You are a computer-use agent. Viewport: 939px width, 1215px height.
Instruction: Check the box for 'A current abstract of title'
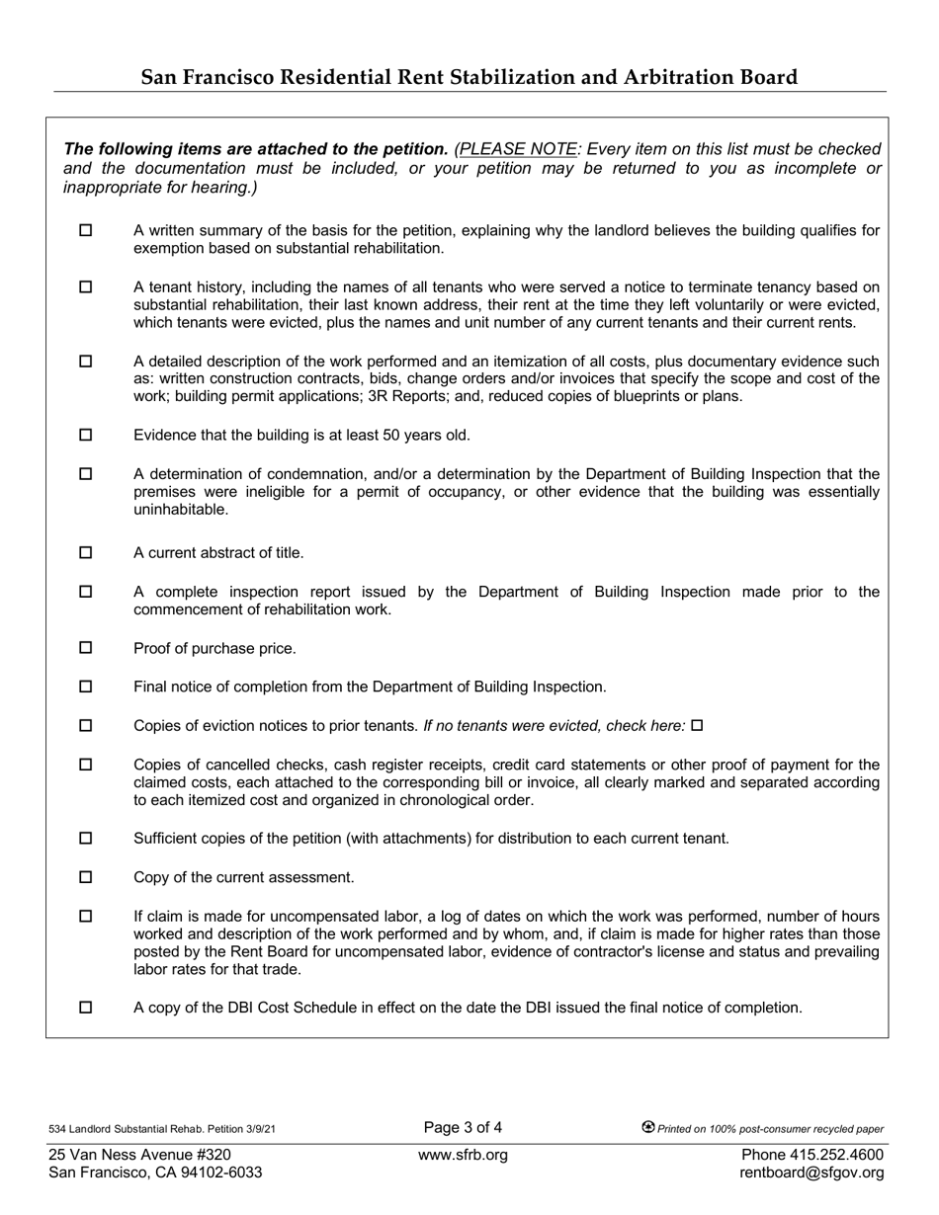(x=85, y=552)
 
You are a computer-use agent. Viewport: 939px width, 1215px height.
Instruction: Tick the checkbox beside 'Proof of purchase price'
(x=85, y=648)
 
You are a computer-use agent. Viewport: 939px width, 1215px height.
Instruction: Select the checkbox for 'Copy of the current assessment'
(x=85, y=877)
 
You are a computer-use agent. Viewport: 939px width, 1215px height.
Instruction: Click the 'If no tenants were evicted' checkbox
(x=697, y=725)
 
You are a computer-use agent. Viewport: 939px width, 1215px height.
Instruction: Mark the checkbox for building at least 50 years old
(x=85, y=435)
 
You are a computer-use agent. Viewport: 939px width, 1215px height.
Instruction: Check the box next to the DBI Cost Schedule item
(x=85, y=1008)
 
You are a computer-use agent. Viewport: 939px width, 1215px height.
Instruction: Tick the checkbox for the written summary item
(x=85, y=230)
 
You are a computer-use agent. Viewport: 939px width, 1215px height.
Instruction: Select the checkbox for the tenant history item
(x=85, y=286)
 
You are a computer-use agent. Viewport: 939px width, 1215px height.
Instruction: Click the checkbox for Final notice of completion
(x=85, y=687)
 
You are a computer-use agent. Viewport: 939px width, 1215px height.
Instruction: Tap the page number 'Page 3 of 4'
(x=463, y=1127)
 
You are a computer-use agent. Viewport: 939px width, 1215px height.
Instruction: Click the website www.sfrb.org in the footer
(x=463, y=1155)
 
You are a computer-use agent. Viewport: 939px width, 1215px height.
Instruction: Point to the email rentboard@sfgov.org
(x=811, y=1173)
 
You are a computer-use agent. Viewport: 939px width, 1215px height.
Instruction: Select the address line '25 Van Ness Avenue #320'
(x=139, y=1155)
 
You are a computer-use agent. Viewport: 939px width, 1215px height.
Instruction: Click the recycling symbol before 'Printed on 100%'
(x=648, y=1127)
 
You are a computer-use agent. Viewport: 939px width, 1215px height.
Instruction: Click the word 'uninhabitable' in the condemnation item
(x=181, y=510)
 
